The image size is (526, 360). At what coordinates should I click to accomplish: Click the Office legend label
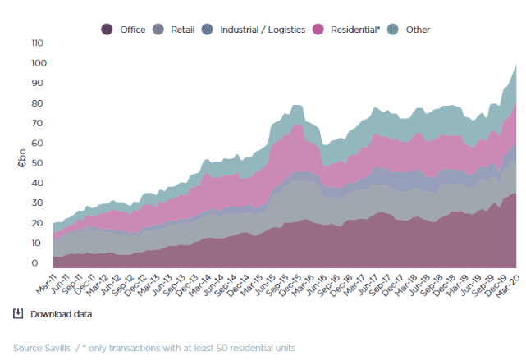132,30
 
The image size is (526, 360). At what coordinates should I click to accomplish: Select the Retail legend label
182,30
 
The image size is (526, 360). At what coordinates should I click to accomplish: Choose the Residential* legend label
355,30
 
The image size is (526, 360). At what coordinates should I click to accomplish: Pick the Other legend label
418,30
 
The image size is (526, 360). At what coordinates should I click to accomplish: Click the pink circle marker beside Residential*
319,30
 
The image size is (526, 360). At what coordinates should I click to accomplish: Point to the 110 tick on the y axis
37,43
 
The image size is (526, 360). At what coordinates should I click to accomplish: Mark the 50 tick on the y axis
37,163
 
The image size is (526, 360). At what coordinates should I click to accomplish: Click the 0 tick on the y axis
34,263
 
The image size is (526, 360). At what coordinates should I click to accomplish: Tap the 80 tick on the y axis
37,103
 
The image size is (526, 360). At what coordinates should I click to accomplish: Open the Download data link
61,314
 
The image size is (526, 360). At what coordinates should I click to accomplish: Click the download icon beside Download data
18,313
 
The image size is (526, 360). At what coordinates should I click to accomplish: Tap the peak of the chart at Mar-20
515,65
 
